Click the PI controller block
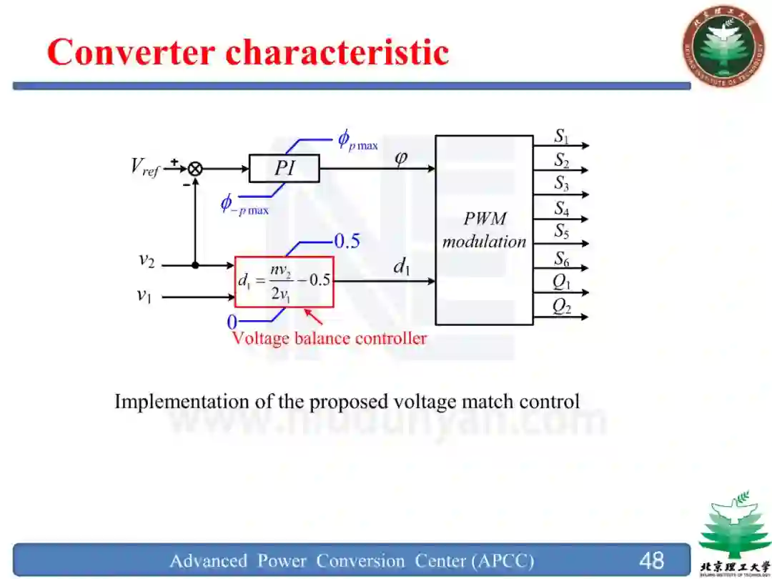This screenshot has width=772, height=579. pyautogui.click(x=284, y=169)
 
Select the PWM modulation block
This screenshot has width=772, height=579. pyautogui.click(x=484, y=230)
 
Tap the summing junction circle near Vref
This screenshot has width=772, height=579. pyautogui.click(x=194, y=169)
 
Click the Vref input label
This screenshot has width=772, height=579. pyautogui.click(x=144, y=167)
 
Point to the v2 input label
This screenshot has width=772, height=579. pyautogui.click(x=147, y=260)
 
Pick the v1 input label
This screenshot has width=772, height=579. pyautogui.click(x=144, y=295)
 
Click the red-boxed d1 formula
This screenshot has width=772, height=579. pyautogui.click(x=284, y=282)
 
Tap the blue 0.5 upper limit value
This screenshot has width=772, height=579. pyautogui.click(x=347, y=242)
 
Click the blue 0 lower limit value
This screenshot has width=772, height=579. pyautogui.click(x=232, y=323)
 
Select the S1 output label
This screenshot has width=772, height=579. pyautogui.click(x=562, y=137)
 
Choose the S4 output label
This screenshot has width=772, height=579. pyautogui.click(x=562, y=209)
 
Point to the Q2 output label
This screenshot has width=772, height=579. pyautogui.click(x=562, y=306)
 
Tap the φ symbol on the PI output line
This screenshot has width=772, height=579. pyautogui.click(x=401, y=156)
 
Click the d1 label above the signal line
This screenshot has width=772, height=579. pyautogui.click(x=401, y=267)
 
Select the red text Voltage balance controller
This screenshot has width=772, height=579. pyautogui.click(x=329, y=338)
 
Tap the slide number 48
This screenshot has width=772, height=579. pyautogui.click(x=651, y=560)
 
